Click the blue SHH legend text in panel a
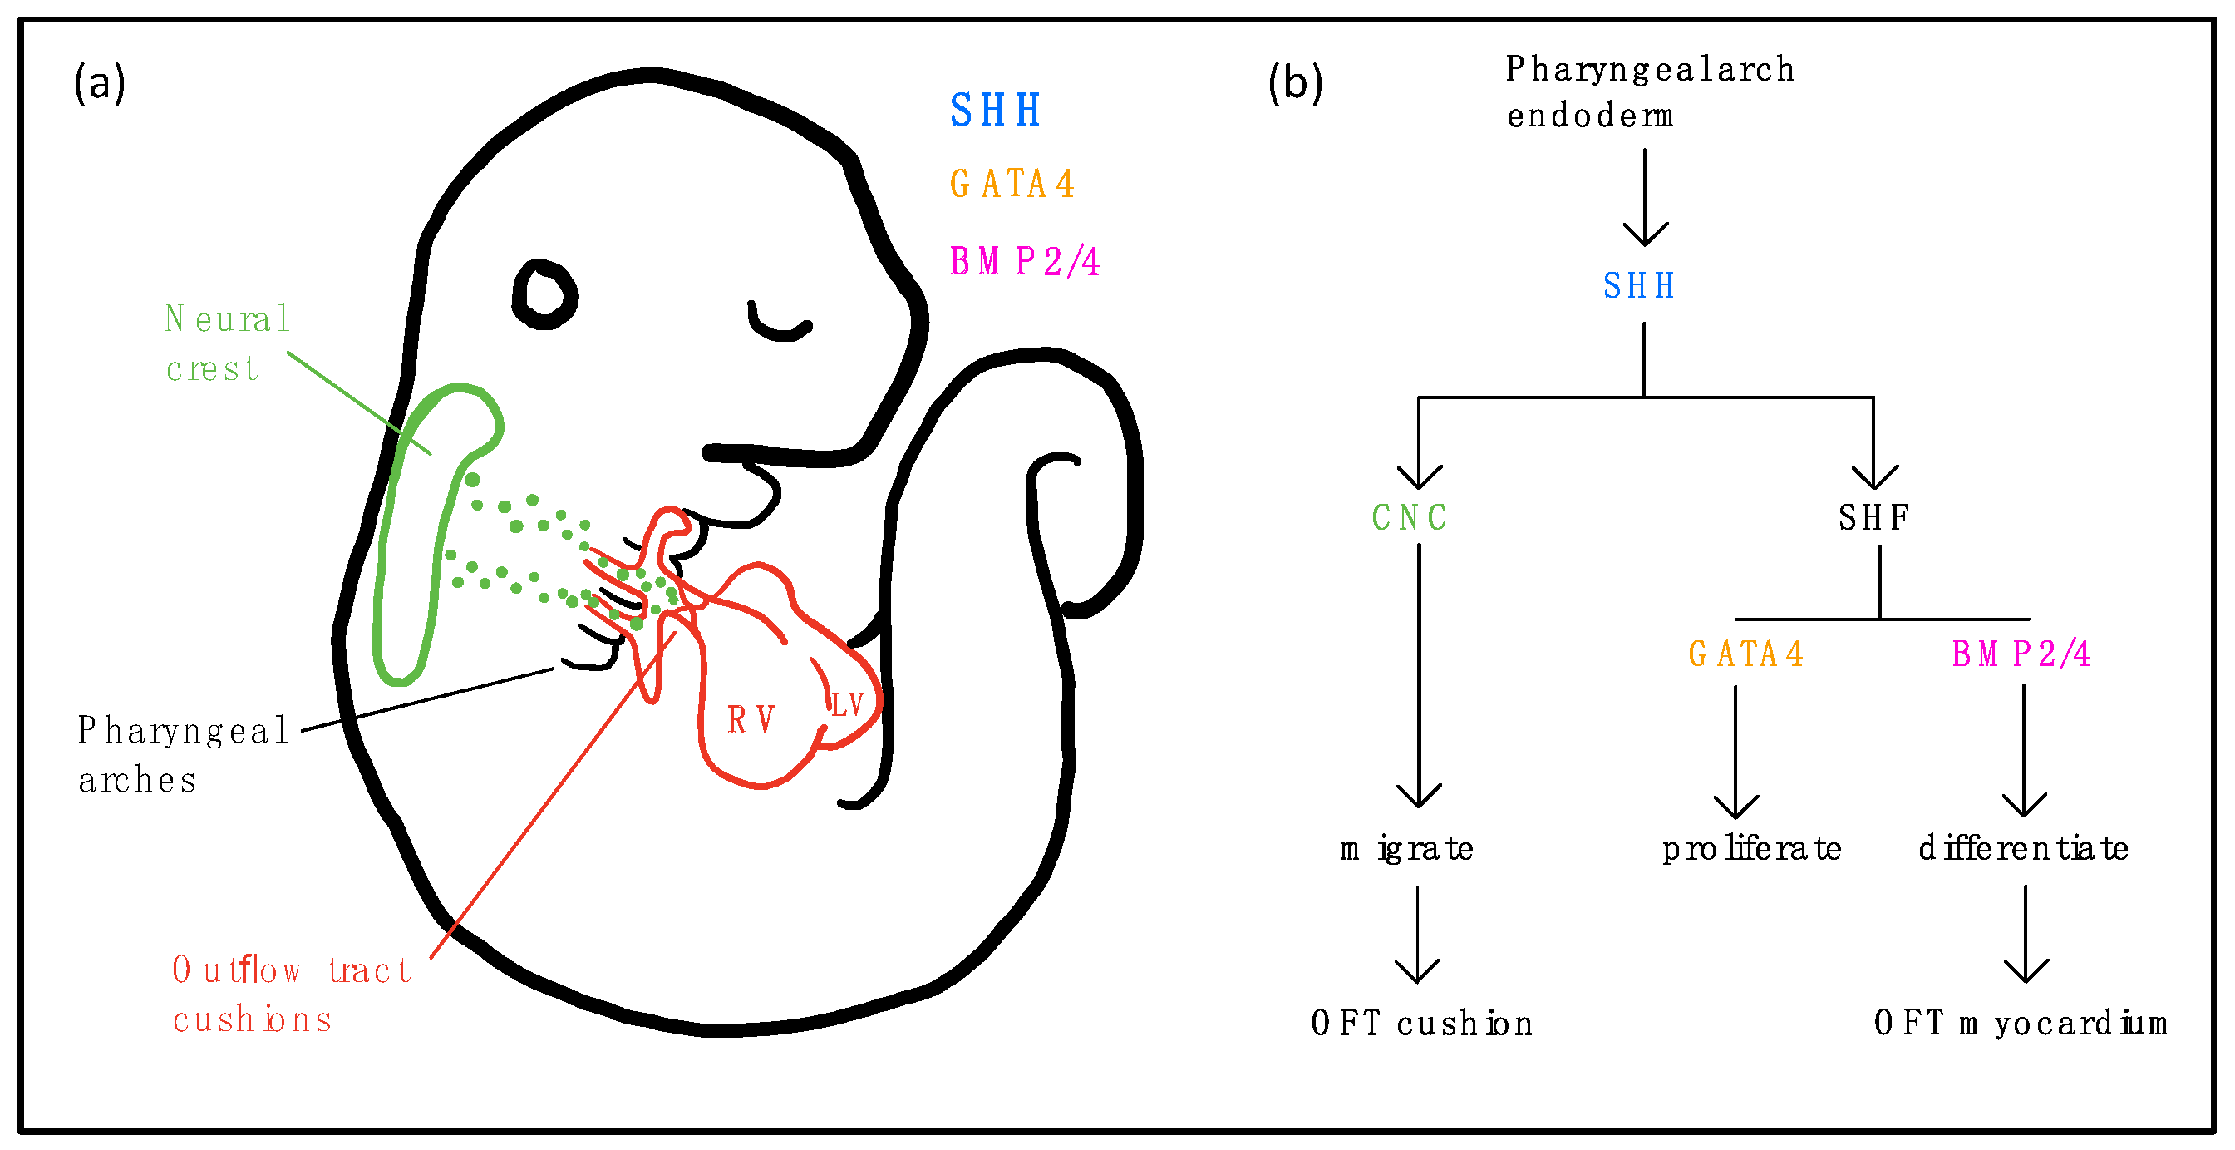[x=994, y=111]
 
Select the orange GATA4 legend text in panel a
[x=1012, y=184]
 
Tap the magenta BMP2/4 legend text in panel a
[x=1024, y=261]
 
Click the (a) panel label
[x=99, y=84]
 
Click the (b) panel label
[x=1294, y=84]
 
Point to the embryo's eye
[x=544, y=294]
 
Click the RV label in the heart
[x=751, y=720]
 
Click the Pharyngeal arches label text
[x=182, y=754]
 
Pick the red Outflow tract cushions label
[x=291, y=995]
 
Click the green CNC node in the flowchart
[x=1409, y=518]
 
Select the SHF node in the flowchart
[x=1873, y=518]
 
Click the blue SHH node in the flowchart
[x=1638, y=286]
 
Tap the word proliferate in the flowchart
[x=1751, y=849]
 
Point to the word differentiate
[x=2022, y=849]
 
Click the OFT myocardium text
[x=2020, y=1024]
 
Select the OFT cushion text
[x=1421, y=1024]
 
